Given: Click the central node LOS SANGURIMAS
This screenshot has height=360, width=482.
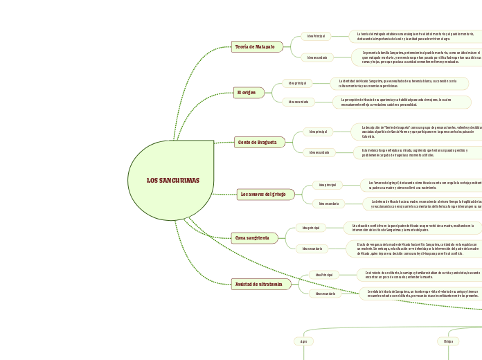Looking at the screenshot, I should [x=172, y=181].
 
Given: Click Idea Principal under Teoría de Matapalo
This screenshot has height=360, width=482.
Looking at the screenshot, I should [x=316, y=36].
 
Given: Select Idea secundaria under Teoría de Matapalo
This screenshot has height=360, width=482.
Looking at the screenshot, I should [x=317, y=57].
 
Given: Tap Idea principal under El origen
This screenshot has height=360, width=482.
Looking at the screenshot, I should [x=298, y=83].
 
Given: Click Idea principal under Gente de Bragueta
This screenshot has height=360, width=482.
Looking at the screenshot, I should [x=319, y=132].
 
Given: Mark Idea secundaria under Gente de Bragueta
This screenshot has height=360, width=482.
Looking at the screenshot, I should [x=319, y=152].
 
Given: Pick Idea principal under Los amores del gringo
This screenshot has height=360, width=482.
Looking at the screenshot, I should [x=328, y=185].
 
